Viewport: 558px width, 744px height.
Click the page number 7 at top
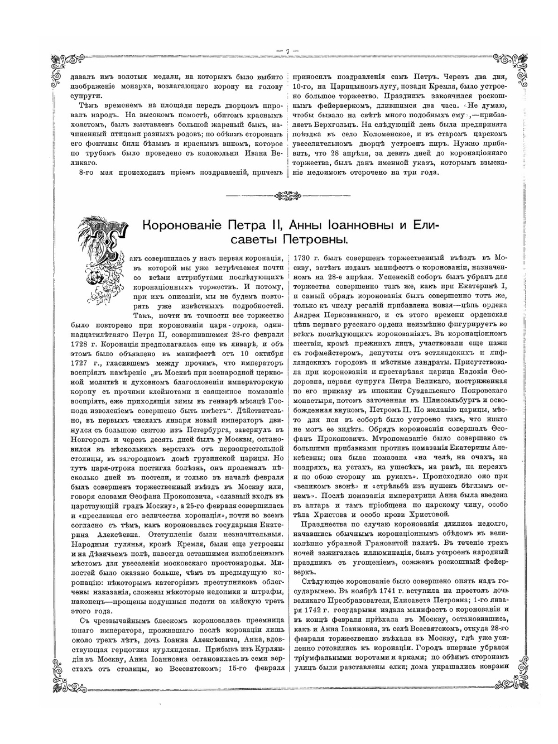287,51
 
